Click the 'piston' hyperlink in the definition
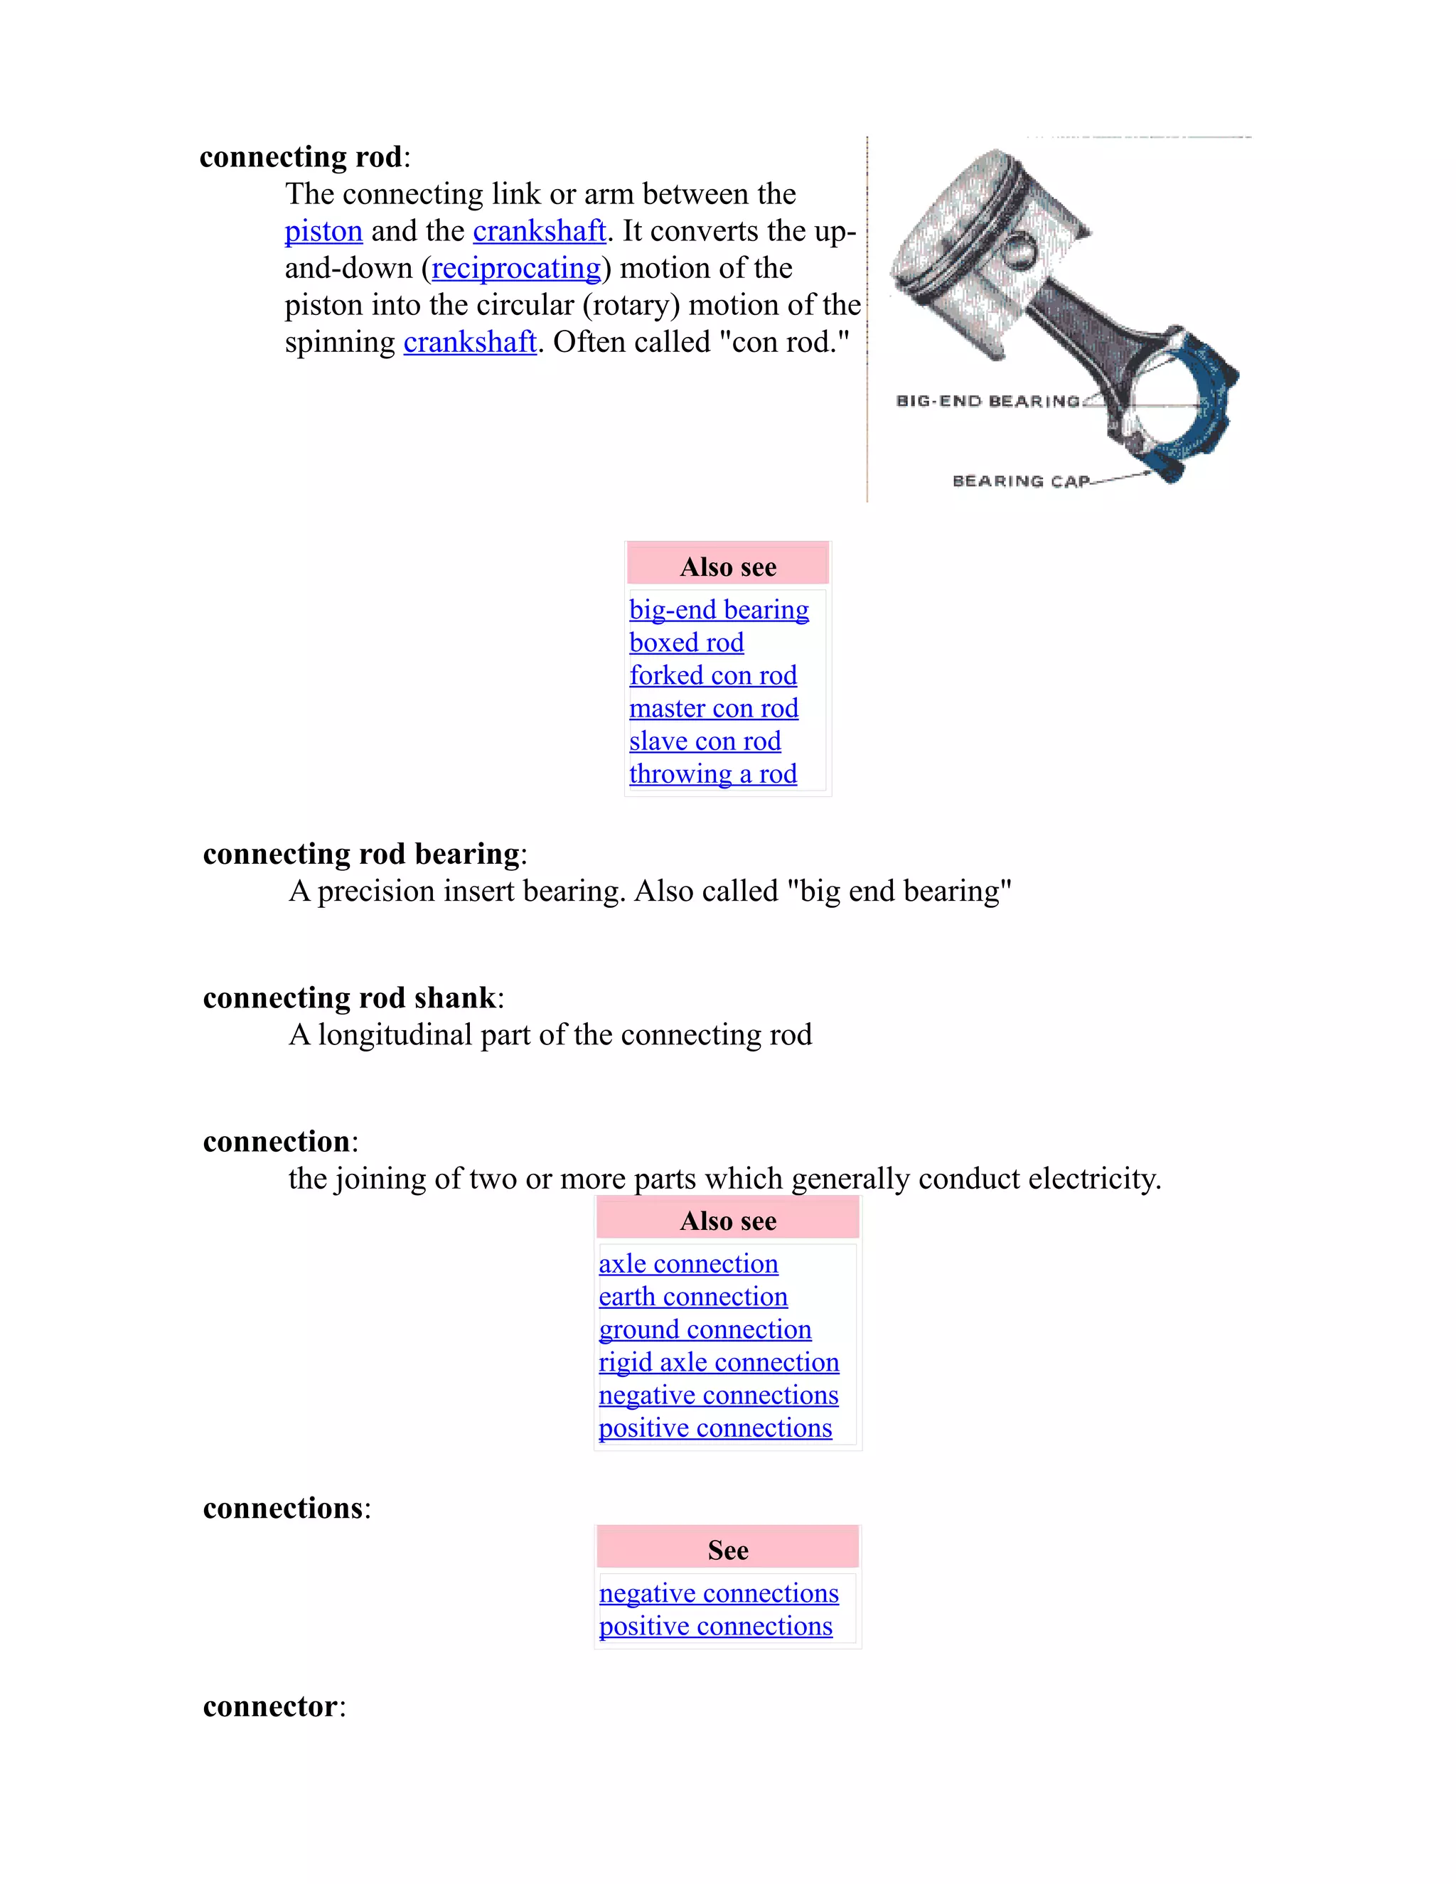click(x=323, y=231)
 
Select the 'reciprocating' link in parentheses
click(x=516, y=268)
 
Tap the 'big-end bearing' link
click(x=719, y=610)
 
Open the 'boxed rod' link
click(x=686, y=643)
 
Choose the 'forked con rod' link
click(x=712, y=675)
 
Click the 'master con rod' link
click(x=713, y=708)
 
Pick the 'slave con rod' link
click(x=705, y=741)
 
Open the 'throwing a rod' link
click(x=712, y=774)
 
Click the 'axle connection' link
click(x=688, y=1264)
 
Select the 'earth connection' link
click(x=692, y=1297)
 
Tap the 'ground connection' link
click(x=705, y=1329)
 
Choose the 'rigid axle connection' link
click(x=719, y=1362)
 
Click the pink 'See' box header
click(x=727, y=1550)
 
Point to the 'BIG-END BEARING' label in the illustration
click(x=987, y=401)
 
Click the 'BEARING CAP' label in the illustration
click(x=1020, y=481)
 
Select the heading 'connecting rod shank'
click(x=349, y=998)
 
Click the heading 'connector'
click(x=270, y=1706)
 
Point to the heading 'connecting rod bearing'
click(x=360, y=854)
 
